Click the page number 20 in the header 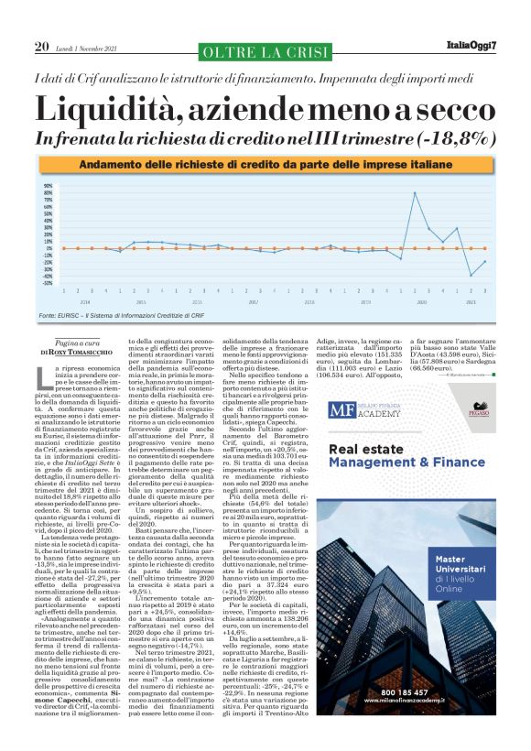pyautogui.click(x=41, y=47)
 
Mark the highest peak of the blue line pyautogui.click(x=416, y=193)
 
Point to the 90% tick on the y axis pyautogui.click(x=49, y=186)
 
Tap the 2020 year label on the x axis pyautogui.click(x=422, y=301)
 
